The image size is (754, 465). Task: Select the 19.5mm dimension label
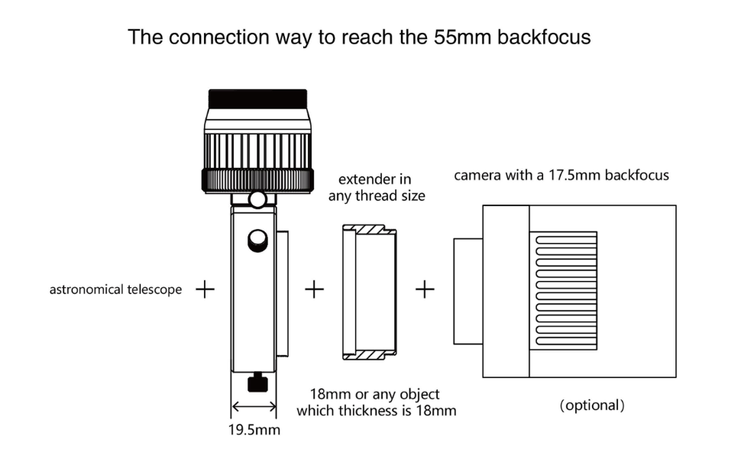(254, 429)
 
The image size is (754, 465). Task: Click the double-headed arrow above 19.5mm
(254, 407)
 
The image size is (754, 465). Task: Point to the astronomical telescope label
(115, 289)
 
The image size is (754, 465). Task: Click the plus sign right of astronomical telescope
(205, 289)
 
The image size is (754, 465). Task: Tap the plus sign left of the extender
(314, 289)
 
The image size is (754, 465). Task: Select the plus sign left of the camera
(425, 289)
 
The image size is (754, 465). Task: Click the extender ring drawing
(369, 292)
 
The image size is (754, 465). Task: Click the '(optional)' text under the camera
(592, 405)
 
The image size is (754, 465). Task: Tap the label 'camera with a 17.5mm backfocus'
(561, 175)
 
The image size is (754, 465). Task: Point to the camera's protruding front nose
(468, 291)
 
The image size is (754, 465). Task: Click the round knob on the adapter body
(257, 241)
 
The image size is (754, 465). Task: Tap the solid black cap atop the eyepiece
(257, 98)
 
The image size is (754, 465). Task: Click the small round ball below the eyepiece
(257, 200)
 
